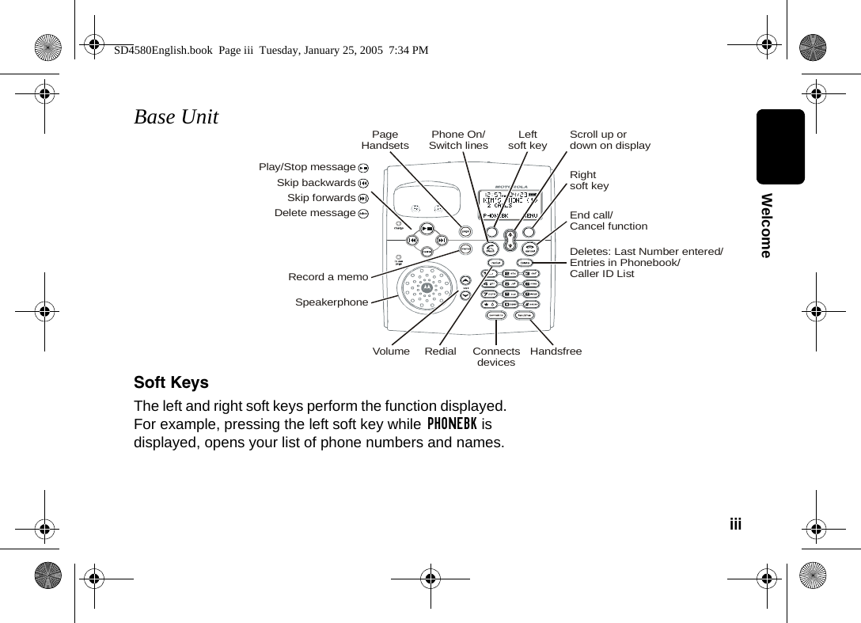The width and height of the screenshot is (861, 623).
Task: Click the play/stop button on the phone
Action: [427, 228]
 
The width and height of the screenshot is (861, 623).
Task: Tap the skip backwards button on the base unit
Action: [412, 241]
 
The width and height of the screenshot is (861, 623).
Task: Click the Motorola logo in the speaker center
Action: [427, 289]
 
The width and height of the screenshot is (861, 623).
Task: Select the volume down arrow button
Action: [465, 296]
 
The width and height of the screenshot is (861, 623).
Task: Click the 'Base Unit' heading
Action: [176, 117]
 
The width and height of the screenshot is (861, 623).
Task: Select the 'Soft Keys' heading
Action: [171, 382]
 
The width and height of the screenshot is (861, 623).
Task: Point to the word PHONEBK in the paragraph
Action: [451, 424]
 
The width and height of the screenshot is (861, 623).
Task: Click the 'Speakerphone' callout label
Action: [332, 302]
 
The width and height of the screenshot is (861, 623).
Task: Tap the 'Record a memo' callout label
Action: [328, 277]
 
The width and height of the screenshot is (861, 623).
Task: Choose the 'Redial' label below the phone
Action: [440, 351]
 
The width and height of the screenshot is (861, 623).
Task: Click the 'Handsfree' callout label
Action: [556, 351]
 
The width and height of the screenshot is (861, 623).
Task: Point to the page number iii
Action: [735, 524]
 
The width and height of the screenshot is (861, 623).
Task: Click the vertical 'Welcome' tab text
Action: [765, 225]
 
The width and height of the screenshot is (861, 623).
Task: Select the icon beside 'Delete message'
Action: [362, 214]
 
